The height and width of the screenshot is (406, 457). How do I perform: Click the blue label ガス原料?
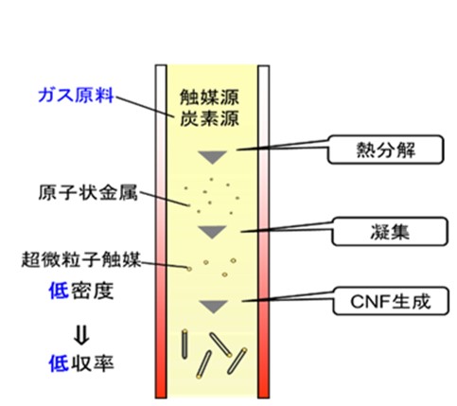[76, 96]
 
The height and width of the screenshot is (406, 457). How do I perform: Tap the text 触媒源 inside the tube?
[209, 97]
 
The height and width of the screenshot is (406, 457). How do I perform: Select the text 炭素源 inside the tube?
[209, 118]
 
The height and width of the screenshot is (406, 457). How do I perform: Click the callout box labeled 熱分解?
[385, 150]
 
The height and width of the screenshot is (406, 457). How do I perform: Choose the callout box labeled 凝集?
[390, 232]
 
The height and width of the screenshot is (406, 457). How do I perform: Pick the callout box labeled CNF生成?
[391, 301]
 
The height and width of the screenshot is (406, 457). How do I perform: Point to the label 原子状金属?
[88, 192]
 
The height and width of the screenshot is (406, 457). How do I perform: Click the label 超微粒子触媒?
[80, 259]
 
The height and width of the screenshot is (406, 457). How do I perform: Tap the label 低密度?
[81, 291]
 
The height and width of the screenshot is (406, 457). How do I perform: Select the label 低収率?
[81, 363]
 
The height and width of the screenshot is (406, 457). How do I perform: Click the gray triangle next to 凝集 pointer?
[213, 232]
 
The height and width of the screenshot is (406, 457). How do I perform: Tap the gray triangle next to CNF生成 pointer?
[214, 307]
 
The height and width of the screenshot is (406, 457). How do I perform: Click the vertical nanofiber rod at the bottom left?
[185, 344]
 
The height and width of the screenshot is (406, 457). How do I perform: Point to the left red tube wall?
[161, 232]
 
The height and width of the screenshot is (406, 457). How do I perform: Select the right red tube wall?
[264, 232]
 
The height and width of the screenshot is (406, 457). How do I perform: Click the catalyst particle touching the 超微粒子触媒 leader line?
[189, 269]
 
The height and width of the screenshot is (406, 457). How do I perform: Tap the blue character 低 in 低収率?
[59, 363]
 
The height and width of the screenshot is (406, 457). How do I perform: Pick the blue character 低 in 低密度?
[59, 291]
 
